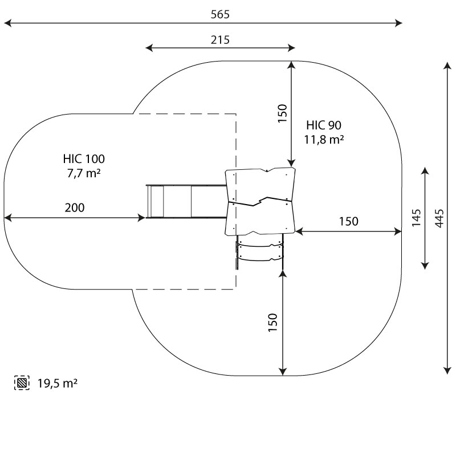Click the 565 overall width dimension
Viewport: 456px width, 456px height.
point(219,15)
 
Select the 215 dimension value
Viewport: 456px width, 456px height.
point(220,39)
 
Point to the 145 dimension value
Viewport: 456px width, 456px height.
point(416,217)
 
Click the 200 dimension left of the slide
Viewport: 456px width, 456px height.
point(74,207)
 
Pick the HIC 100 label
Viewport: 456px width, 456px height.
point(84,159)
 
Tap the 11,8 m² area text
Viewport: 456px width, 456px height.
point(323,139)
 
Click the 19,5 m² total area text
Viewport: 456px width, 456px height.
point(57,383)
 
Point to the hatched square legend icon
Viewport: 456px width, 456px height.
point(21,383)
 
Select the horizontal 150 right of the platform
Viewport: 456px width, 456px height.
point(348,222)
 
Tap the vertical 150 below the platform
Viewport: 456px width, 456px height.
point(272,323)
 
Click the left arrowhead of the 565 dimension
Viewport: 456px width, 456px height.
point(7,23)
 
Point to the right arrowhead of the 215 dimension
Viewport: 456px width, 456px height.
point(292,48)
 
